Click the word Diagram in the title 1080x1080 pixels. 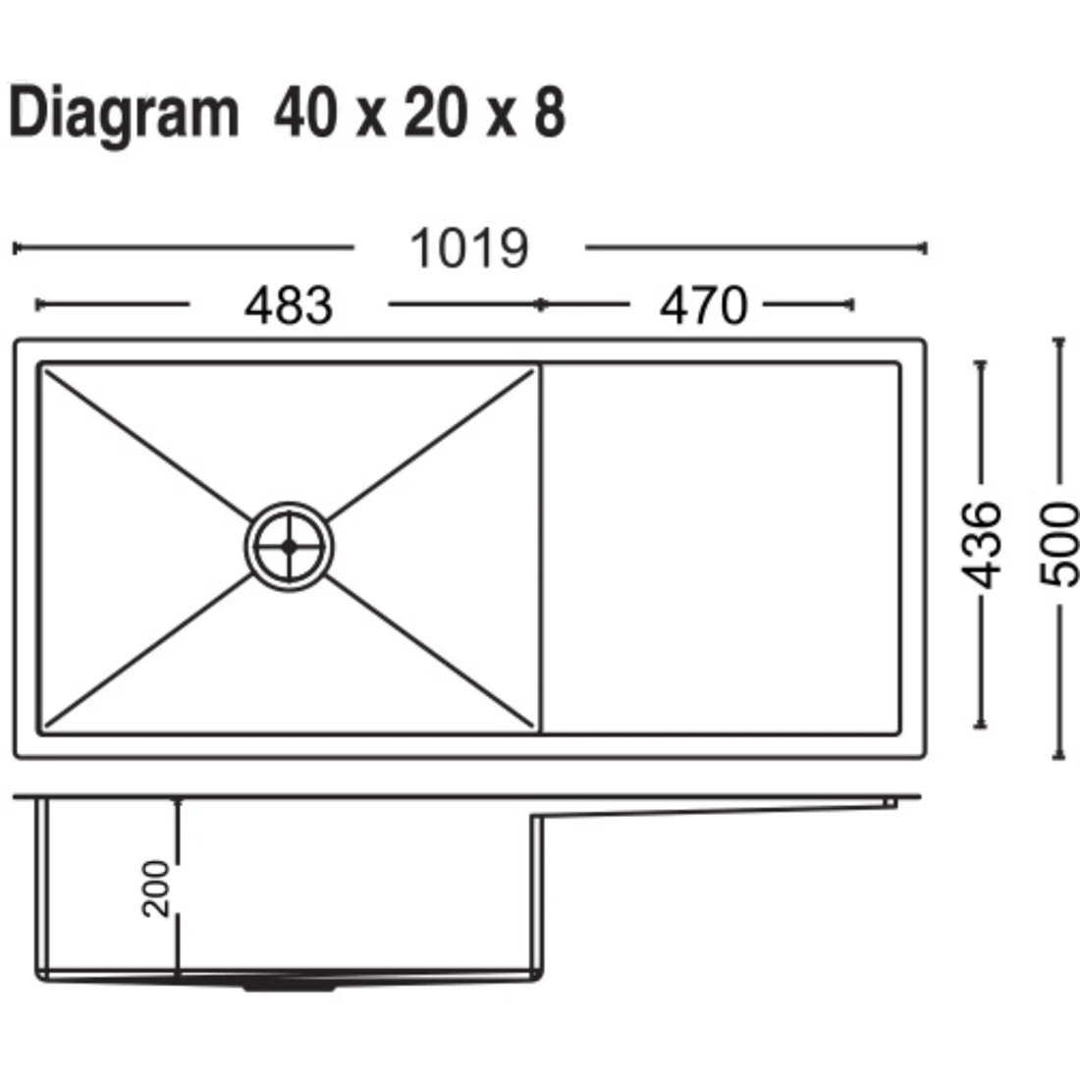tap(124, 115)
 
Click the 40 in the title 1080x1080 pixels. tap(305, 112)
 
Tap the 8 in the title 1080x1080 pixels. tap(549, 112)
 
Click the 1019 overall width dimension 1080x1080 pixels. tap(469, 248)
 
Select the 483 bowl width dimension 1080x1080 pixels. tap(289, 305)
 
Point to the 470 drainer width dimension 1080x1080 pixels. tap(703, 305)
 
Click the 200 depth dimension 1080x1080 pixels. tap(156, 889)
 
